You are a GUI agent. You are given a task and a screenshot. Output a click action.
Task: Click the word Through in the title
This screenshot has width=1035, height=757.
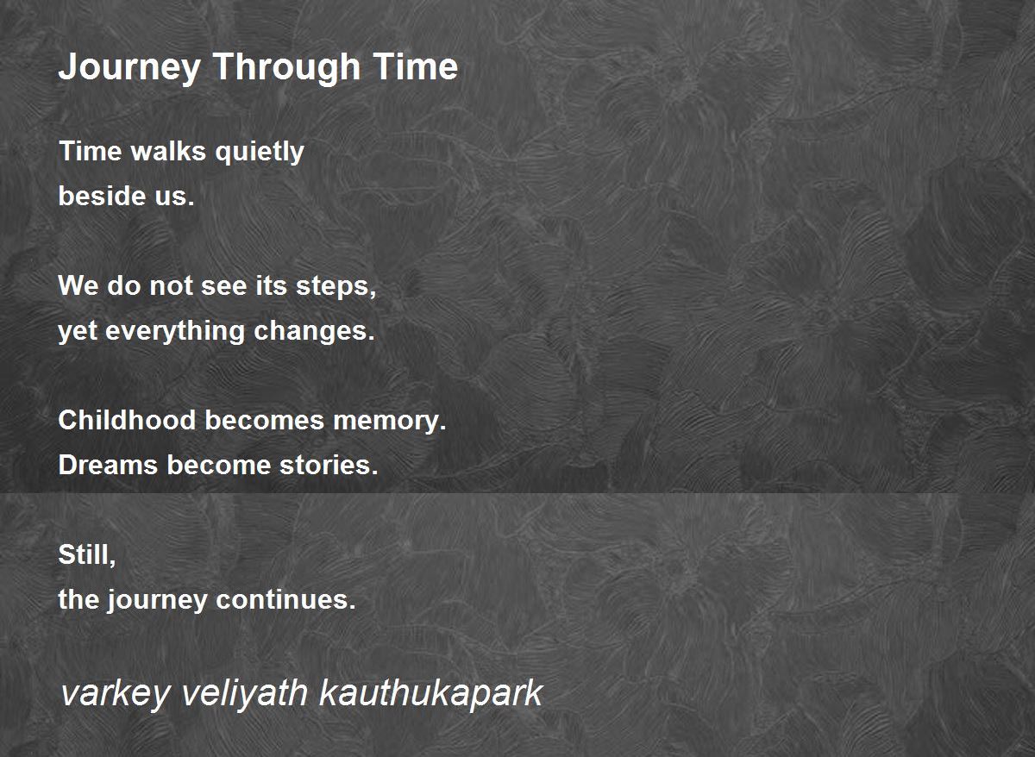[286, 68]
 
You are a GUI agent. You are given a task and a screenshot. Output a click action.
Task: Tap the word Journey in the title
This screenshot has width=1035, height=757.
[129, 68]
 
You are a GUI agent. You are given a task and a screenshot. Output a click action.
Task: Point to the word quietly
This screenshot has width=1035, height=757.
[260, 153]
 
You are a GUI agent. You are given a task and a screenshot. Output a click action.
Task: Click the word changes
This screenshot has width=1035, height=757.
[314, 331]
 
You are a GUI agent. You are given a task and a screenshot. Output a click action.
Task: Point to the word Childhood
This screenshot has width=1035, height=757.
[127, 420]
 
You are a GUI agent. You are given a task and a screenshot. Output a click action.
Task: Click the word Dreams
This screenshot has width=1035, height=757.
[108, 465]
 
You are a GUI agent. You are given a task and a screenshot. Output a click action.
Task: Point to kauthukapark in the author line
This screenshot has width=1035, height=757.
[431, 694]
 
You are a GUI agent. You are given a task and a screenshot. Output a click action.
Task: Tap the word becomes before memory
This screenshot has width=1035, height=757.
[265, 420]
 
